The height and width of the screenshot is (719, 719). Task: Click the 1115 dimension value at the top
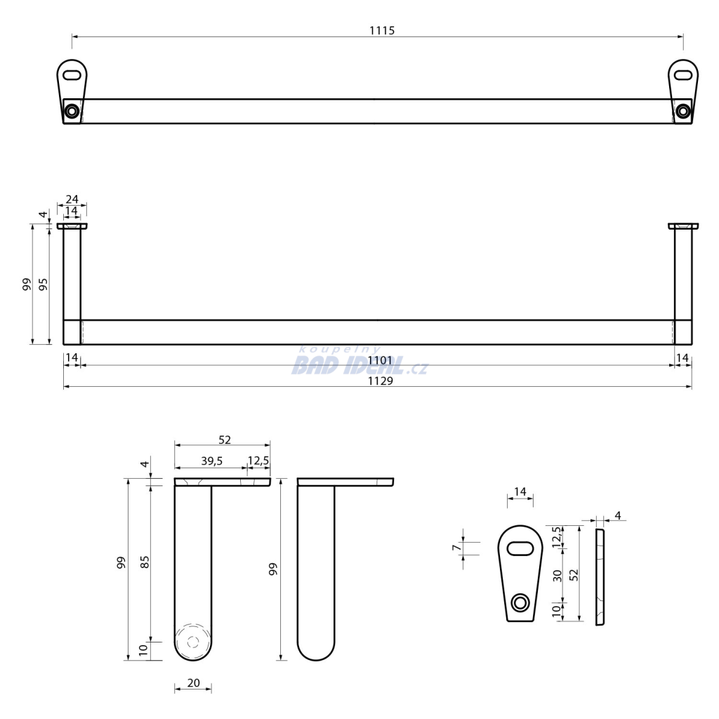click(382, 31)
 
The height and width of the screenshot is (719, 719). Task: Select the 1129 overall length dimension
click(380, 381)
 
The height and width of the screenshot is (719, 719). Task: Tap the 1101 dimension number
click(380, 361)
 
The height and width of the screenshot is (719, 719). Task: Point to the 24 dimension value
click(72, 199)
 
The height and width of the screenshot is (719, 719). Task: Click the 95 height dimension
click(43, 284)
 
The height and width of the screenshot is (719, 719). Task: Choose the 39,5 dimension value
click(212, 461)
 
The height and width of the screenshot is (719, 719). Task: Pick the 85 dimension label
click(145, 562)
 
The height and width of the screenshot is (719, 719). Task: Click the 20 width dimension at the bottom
click(194, 682)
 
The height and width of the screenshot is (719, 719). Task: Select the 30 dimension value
click(557, 576)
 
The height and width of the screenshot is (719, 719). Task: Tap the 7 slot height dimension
click(456, 548)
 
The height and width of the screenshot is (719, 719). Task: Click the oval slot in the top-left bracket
click(72, 74)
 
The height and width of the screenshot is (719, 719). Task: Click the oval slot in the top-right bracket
click(683, 74)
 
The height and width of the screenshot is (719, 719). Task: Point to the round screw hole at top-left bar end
click(72, 111)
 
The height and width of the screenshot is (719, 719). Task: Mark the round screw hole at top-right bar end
click(683, 111)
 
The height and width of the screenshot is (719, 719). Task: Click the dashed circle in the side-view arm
click(193, 642)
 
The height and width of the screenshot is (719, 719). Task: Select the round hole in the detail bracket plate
click(520, 602)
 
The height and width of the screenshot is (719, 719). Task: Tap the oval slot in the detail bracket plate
click(520, 548)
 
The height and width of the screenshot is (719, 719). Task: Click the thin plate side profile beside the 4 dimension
click(600, 577)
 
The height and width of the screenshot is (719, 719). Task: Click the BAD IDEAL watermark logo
click(359, 362)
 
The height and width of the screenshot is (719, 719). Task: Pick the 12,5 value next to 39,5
click(258, 461)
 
